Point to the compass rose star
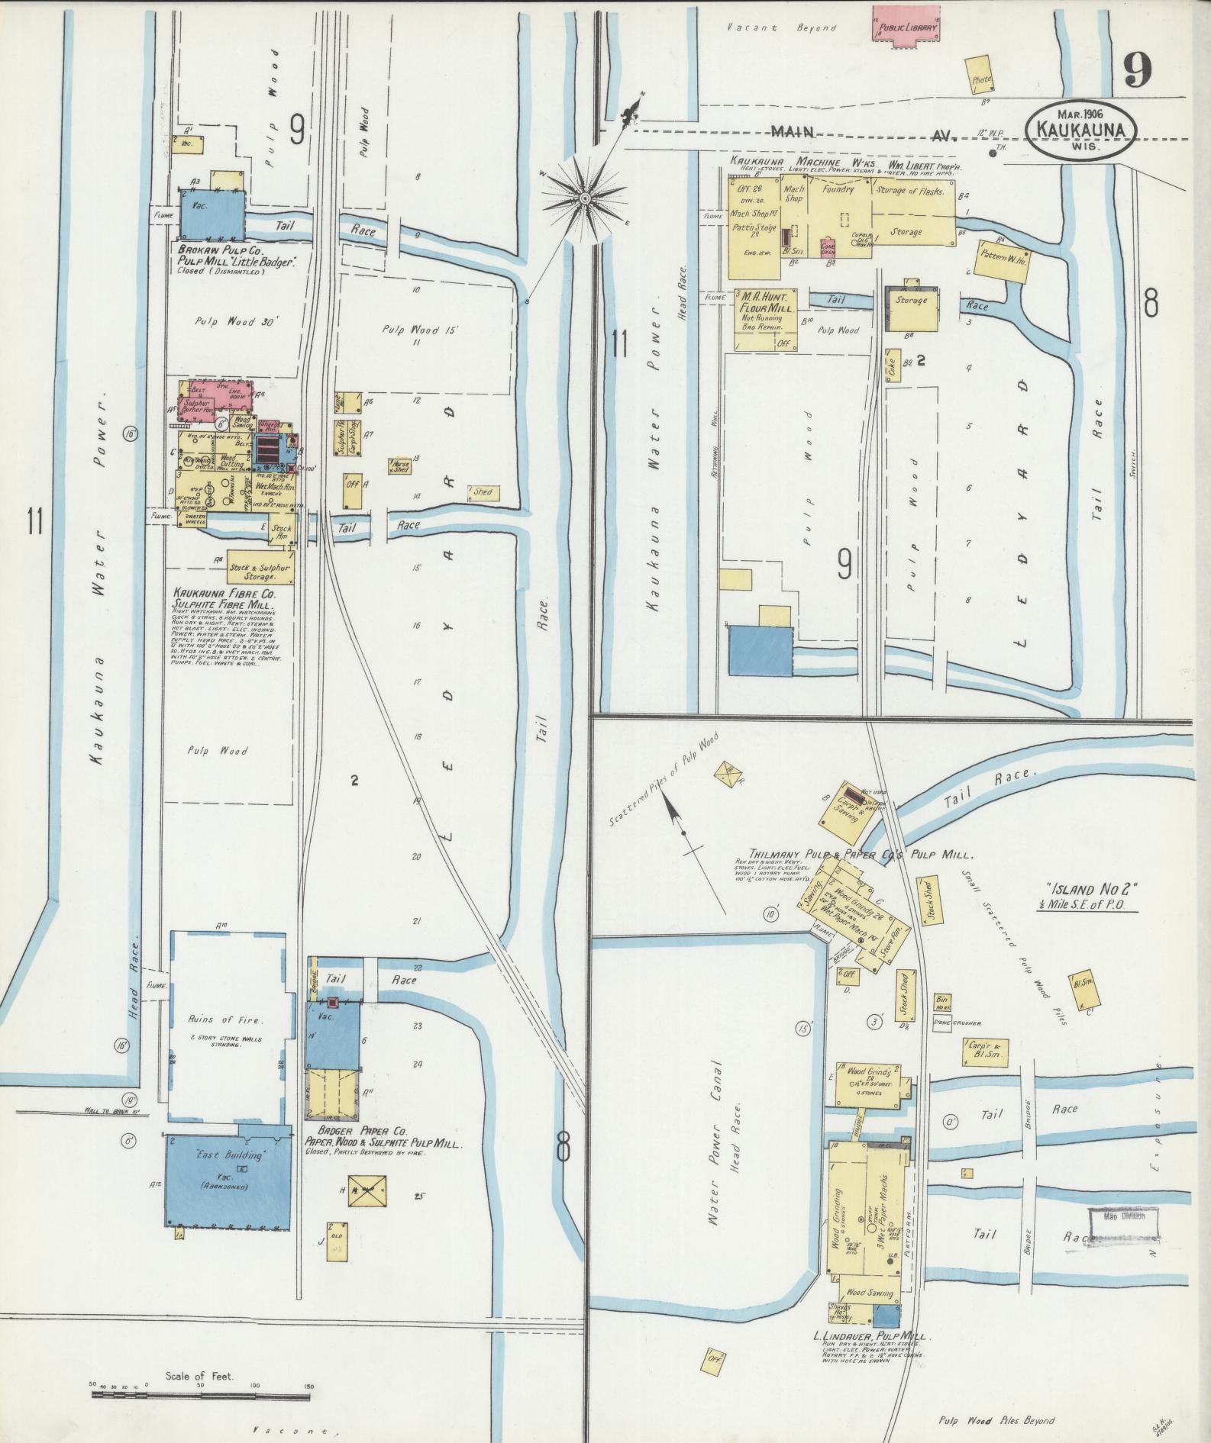(585, 198)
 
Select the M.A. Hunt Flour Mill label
(765, 302)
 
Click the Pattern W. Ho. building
(1003, 259)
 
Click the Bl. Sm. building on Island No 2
(1085, 990)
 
